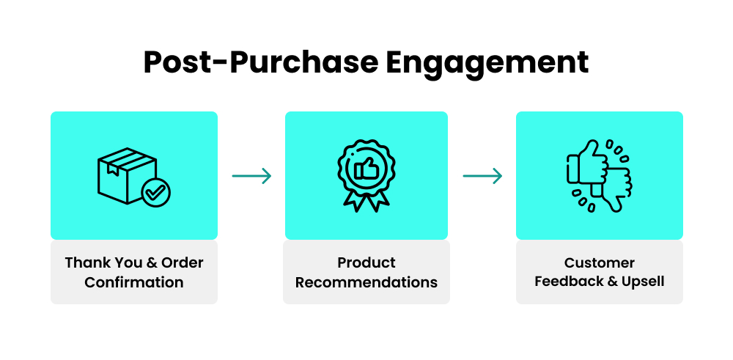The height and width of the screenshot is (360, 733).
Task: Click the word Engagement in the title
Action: click(487, 62)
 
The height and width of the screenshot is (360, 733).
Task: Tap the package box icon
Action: click(122, 174)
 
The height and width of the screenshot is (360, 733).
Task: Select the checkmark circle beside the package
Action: click(155, 193)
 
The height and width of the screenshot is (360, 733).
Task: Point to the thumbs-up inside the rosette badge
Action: click(365, 169)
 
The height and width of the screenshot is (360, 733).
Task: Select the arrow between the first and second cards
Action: click(251, 176)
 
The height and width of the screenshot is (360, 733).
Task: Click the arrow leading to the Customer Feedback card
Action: click(482, 176)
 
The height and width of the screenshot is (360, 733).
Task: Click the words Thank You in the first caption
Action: click(99, 262)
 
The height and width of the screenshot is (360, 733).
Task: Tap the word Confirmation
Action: click(134, 282)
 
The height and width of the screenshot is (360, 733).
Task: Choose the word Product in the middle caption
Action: click(366, 262)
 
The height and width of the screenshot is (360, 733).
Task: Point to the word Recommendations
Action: click(366, 282)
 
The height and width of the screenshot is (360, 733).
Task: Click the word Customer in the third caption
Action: click(600, 262)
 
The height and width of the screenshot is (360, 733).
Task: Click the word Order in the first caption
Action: click(183, 262)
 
